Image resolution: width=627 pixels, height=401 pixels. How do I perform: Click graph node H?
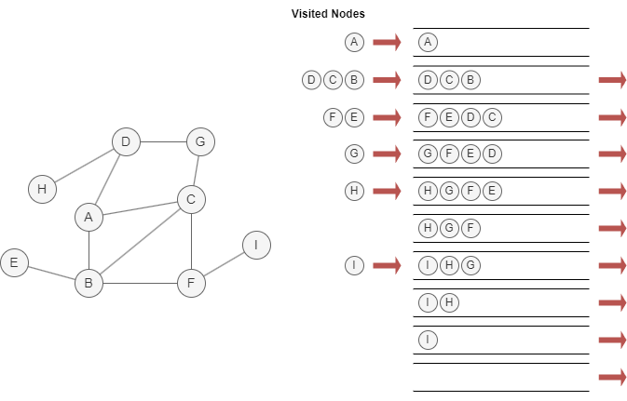[x=41, y=189]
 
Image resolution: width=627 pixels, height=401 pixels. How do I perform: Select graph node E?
[x=14, y=263]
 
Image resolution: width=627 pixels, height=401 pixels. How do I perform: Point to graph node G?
[x=199, y=142]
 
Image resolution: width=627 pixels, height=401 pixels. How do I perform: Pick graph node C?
[x=191, y=199]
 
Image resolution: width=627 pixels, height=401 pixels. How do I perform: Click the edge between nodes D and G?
[x=162, y=142]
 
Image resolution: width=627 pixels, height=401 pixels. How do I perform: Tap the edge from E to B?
[x=51, y=273]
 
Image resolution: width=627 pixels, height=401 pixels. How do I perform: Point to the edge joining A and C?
[x=140, y=208]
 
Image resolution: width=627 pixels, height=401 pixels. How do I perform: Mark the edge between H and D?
[x=84, y=166]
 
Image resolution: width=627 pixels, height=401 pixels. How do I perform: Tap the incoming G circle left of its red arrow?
[x=353, y=154]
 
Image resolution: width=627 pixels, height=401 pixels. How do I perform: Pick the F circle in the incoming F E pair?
[x=333, y=117]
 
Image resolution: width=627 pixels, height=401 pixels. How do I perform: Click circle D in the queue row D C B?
[x=428, y=80]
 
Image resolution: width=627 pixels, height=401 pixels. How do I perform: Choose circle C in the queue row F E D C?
[x=493, y=117]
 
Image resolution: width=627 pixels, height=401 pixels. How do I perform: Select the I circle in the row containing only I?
[x=428, y=340]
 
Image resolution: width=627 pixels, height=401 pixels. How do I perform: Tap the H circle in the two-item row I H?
[x=449, y=302]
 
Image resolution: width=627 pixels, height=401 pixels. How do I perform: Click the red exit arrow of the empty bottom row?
[x=612, y=377]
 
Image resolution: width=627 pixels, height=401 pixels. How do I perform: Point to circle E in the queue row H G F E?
[x=493, y=191]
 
